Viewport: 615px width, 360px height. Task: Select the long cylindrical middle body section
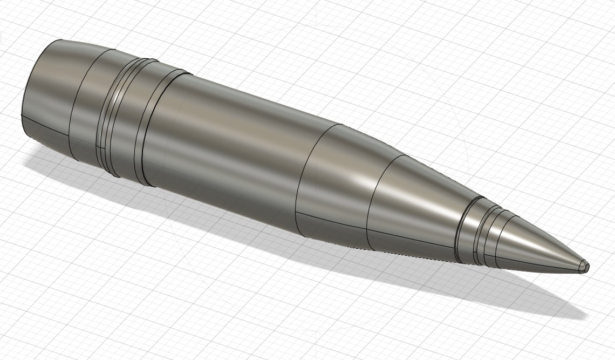(227, 151)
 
